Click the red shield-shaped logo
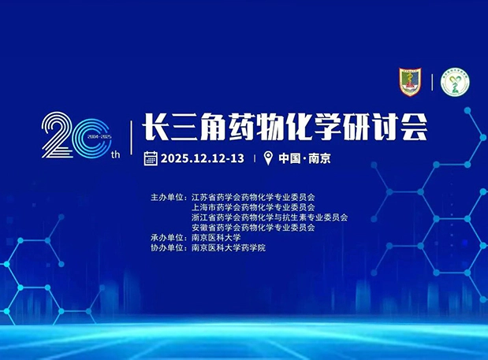click(x=411, y=83)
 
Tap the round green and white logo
click(x=455, y=84)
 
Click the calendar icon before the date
click(x=151, y=158)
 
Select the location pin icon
click(x=268, y=158)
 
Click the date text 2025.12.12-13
click(x=202, y=158)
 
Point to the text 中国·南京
click(x=304, y=158)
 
